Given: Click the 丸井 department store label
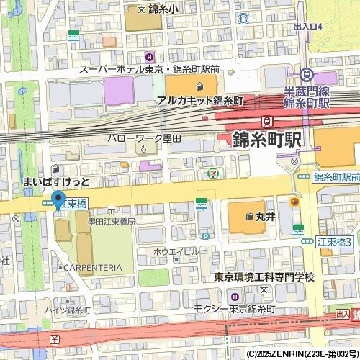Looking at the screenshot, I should (266, 215).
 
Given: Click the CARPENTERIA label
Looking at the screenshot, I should (92, 267).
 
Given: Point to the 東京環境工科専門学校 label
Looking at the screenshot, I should (264, 277).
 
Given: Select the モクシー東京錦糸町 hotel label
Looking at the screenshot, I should (234, 308).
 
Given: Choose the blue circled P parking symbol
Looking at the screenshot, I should (205, 235).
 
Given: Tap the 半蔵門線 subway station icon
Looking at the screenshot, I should (307, 73).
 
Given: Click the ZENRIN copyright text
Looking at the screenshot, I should (302, 354).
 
